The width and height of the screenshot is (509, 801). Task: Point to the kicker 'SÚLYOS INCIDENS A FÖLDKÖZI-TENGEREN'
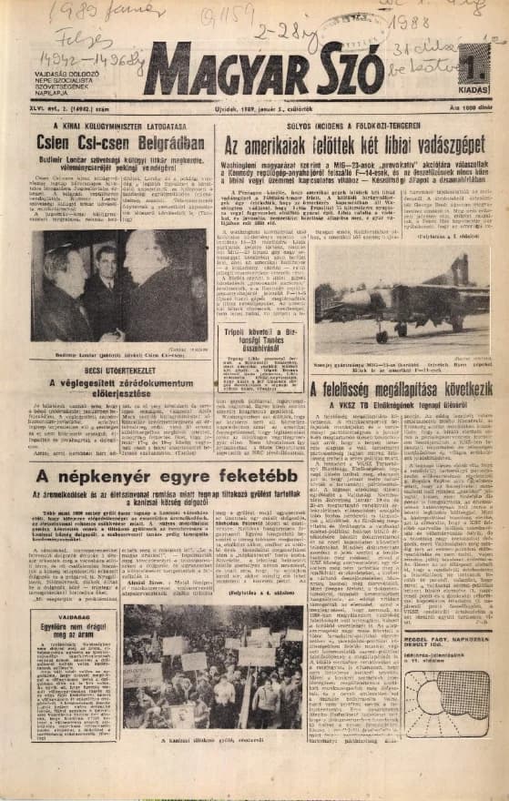click(351, 127)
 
